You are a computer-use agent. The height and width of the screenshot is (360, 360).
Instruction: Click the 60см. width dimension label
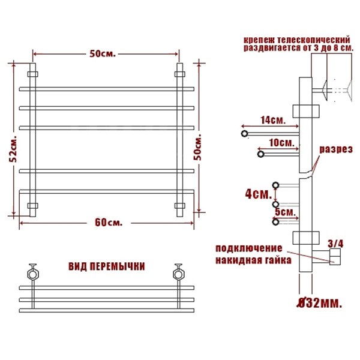(109, 223)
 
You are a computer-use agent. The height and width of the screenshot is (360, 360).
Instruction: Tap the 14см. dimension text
(273, 120)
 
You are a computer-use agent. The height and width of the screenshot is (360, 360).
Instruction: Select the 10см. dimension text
(282, 143)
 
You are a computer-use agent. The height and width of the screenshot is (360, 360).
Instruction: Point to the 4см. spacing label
(259, 194)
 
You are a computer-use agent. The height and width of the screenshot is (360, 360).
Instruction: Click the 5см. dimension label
(286, 212)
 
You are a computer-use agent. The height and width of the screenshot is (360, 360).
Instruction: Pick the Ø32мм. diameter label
(319, 304)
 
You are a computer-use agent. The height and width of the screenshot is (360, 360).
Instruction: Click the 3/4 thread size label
(335, 244)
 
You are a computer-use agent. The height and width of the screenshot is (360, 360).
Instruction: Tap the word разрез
(336, 149)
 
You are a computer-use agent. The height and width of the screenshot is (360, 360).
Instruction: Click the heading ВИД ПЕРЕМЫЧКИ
(107, 266)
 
